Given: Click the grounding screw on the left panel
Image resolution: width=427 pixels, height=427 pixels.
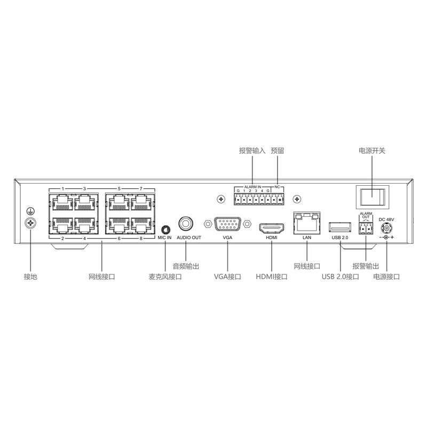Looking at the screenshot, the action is click(x=30, y=223).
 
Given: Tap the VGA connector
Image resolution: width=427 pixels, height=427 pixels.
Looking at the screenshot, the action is click(x=228, y=224).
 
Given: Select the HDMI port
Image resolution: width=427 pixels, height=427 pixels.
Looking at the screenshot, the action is click(x=272, y=228).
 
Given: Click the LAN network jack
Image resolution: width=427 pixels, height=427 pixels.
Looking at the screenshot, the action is click(x=307, y=223).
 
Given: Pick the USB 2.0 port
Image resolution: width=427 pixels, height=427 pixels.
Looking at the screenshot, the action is click(x=340, y=227).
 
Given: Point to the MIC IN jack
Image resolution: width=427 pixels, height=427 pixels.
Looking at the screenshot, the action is click(x=166, y=229).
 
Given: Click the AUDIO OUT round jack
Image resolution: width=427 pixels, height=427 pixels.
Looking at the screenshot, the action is click(x=186, y=224).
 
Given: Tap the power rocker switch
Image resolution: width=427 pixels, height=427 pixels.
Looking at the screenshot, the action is click(x=372, y=197).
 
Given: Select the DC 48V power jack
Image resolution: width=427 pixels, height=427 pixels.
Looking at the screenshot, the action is click(x=386, y=228).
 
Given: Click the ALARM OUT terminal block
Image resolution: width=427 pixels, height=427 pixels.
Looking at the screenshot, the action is click(x=366, y=228).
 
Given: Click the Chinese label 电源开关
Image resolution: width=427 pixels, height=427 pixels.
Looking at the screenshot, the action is click(x=372, y=151).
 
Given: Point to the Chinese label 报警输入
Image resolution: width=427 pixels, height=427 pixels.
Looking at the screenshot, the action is click(x=252, y=151).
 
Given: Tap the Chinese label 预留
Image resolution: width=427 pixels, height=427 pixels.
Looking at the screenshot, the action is click(x=278, y=151).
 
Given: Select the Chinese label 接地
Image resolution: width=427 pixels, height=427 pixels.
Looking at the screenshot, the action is click(x=30, y=276).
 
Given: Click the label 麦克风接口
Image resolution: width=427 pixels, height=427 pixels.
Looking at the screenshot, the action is click(x=165, y=276).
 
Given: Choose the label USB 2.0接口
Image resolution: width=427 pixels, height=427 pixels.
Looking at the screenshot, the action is click(x=341, y=276).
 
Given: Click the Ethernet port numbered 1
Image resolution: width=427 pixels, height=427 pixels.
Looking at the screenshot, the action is click(x=62, y=203).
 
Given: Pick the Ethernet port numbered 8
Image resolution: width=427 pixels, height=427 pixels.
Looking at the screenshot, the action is click(x=141, y=225).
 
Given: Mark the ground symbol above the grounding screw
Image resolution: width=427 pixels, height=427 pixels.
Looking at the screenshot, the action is click(x=30, y=211).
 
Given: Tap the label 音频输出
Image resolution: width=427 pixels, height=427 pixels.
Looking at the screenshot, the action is click(x=186, y=266).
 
